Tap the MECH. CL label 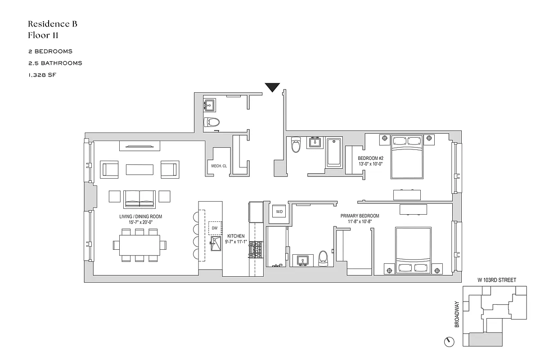click(218, 166)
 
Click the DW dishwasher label click(215, 228)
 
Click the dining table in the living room click(139, 245)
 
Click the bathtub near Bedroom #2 click(333, 152)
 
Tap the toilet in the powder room click(211, 122)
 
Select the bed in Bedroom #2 click(406, 156)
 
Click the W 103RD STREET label click(497, 280)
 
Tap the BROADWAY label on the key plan click(457, 314)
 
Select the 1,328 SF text click(41, 75)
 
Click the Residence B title click(52, 24)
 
